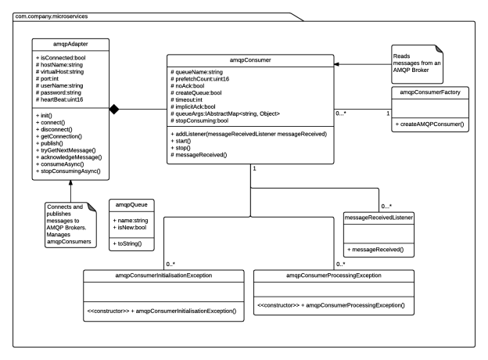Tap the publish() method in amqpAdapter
point(51,142)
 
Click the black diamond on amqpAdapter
point(115,109)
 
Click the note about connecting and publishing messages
point(69,225)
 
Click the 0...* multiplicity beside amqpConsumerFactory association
point(342,114)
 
